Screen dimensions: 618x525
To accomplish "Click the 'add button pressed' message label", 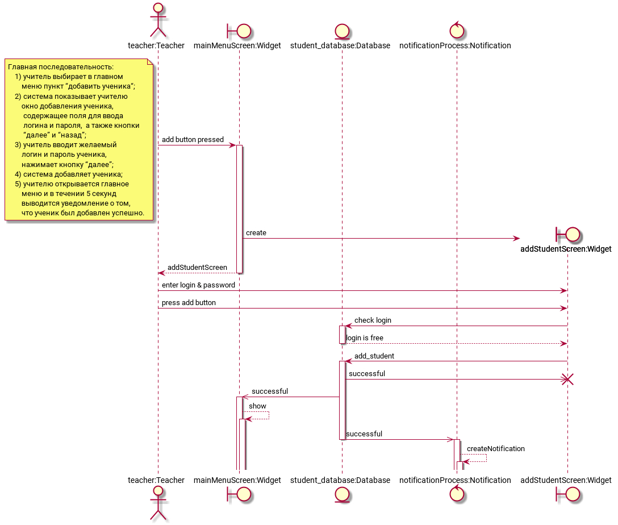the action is [193, 140].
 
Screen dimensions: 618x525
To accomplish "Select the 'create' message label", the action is [256, 233].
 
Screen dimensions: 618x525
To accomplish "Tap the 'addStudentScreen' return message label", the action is [197, 268].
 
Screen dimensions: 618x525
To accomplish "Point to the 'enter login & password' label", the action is [198, 285].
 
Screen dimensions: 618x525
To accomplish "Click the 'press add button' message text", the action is [189, 303].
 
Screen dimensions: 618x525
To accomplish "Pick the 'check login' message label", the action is [373, 320].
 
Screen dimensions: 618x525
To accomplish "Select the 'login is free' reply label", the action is [365, 338].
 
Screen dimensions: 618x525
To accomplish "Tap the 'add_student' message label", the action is [374, 356].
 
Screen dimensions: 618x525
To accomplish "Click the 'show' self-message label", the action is [257, 406].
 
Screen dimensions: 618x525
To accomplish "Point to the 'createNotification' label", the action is [496, 448].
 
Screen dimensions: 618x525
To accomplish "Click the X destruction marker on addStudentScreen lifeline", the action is [567, 380].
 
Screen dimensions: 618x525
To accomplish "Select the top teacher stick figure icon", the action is [158, 20].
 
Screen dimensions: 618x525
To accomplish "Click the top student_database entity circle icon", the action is [342, 31].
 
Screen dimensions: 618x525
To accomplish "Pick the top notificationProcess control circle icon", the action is [457, 30].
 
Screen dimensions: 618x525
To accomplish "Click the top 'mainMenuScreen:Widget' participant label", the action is [237, 45].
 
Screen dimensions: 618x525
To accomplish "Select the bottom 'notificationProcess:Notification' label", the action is [455, 480].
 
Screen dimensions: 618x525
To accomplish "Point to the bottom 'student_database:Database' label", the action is [340, 480].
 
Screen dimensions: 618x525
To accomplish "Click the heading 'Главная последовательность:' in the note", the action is [61, 67].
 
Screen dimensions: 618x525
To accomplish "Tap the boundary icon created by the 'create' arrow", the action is [567, 235].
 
